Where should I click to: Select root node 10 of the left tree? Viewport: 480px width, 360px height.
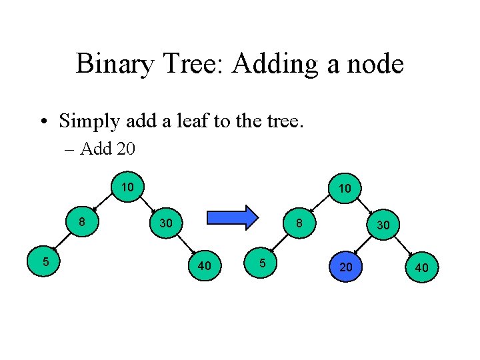[x=127, y=187]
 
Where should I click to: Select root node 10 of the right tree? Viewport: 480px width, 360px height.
[x=345, y=189]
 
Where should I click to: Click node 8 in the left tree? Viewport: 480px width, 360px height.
[x=80, y=221]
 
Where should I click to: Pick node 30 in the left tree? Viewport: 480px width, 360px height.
[x=165, y=223]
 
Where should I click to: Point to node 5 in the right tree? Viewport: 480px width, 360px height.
[x=263, y=263]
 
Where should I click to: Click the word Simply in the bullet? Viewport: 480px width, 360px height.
[x=87, y=121]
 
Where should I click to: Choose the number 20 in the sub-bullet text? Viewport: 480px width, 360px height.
[x=125, y=149]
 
